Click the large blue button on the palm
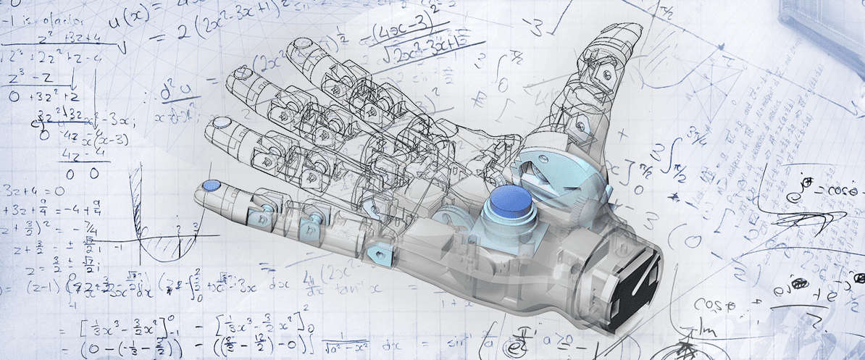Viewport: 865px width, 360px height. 511,201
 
